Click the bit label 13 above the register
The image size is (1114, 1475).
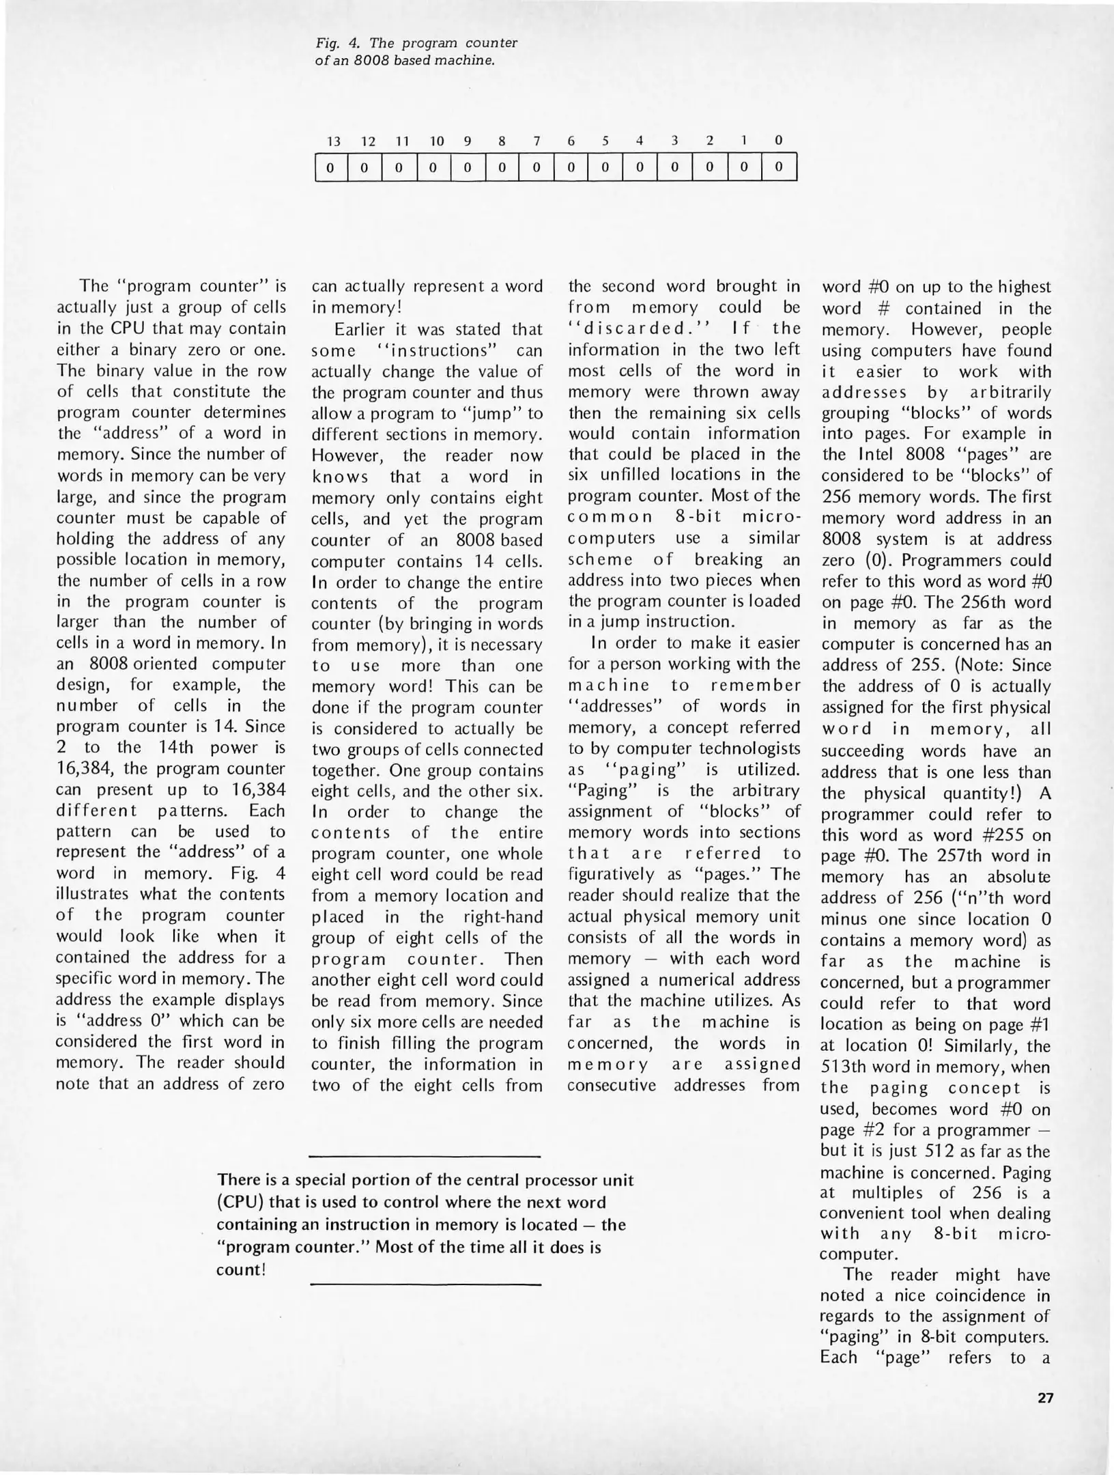click(x=333, y=141)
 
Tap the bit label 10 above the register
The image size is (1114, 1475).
click(x=436, y=141)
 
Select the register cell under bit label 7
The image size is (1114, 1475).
click(x=536, y=167)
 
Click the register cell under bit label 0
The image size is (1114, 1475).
click(x=779, y=167)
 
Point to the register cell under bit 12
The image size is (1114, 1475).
click(x=365, y=167)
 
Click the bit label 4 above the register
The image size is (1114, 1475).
click(x=640, y=141)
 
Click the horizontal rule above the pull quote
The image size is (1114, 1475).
click(x=425, y=1156)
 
